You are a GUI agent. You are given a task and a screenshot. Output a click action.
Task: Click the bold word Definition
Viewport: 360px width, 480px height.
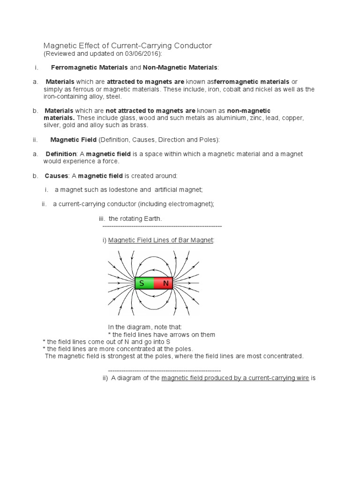pos(61,154)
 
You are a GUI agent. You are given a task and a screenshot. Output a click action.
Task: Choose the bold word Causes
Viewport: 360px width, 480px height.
pos(56,176)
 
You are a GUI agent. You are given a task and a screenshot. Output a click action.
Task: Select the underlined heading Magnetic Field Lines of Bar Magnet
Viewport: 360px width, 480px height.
pos(161,240)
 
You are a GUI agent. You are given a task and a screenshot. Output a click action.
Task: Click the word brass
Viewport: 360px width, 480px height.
pos(139,125)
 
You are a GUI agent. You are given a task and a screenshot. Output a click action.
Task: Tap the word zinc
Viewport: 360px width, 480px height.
pos(255,118)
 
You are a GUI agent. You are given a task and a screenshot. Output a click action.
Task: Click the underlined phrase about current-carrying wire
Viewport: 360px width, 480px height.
pos(235,377)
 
